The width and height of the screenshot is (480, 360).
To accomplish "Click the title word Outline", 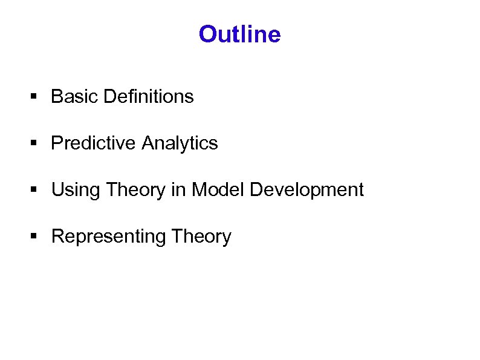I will (239, 34).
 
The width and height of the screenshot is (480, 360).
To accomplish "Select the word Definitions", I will (149, 96).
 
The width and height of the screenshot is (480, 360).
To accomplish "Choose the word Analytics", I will (180, 143).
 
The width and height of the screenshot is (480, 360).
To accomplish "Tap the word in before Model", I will (178, 190).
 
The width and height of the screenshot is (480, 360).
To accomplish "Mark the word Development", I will (306, 190).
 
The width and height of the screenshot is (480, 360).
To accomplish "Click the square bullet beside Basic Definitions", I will (34, 97).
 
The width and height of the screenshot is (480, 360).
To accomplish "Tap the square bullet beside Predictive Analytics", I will (34, 144).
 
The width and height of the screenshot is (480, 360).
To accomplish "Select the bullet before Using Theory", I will (34, 191).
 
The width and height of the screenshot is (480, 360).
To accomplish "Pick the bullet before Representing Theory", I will (34, 237).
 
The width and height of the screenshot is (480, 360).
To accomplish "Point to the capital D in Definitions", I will (109, 96).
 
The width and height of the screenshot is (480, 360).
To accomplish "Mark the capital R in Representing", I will (58, 237).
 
